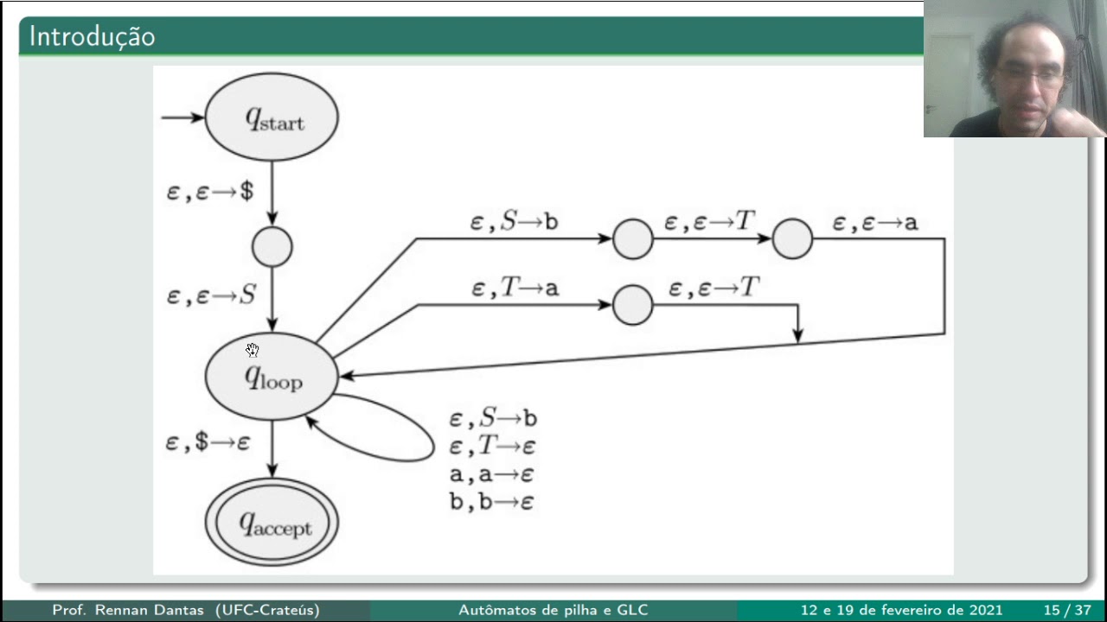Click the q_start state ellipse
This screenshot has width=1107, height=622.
click(x=272, y=117)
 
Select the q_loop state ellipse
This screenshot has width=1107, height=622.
click(x=272, y=376)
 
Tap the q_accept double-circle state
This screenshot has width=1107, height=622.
click(x=272, y=522)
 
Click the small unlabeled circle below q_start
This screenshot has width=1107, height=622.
click(x=272, y=247)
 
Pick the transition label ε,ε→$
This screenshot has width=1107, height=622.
click(x=210, y=192)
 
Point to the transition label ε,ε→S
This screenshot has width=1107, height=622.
click(x=212, y=295)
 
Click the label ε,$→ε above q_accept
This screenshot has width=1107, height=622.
click(x=208, y=441)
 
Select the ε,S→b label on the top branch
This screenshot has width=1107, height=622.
click(x=514, y=221)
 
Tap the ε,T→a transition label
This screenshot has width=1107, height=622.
click(x=515, y=288)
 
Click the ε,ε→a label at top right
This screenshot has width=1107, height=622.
click(x=875, y=223)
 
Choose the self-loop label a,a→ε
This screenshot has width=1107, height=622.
click(x=492, y=474)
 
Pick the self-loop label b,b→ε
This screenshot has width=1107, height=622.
click(x=492, y=502)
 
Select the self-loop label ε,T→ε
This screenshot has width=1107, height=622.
click(x=492, y=447)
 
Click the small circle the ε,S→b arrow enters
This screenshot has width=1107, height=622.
click(x=632, y=239)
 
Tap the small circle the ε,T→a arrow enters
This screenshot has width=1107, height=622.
click(x=632, y=305)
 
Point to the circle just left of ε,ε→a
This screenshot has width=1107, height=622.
click(x=792, y=239)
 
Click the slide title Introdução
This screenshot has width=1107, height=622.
click(x=93, y=37)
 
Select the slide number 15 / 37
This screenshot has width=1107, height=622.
click(x=1067, y=610)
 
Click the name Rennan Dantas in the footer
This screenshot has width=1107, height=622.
click(x=150, y=610)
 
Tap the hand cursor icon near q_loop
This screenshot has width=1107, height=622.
click(x=252, y=350)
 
